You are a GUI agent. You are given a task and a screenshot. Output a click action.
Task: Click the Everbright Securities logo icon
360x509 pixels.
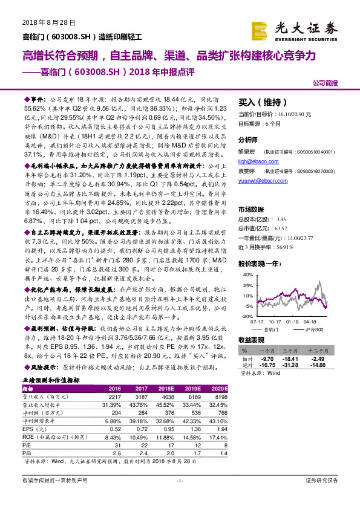point(260,28)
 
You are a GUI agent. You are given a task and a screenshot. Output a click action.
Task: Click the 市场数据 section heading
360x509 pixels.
point(250,209)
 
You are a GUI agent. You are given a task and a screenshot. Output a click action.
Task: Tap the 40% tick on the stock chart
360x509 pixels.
point(247,274)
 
